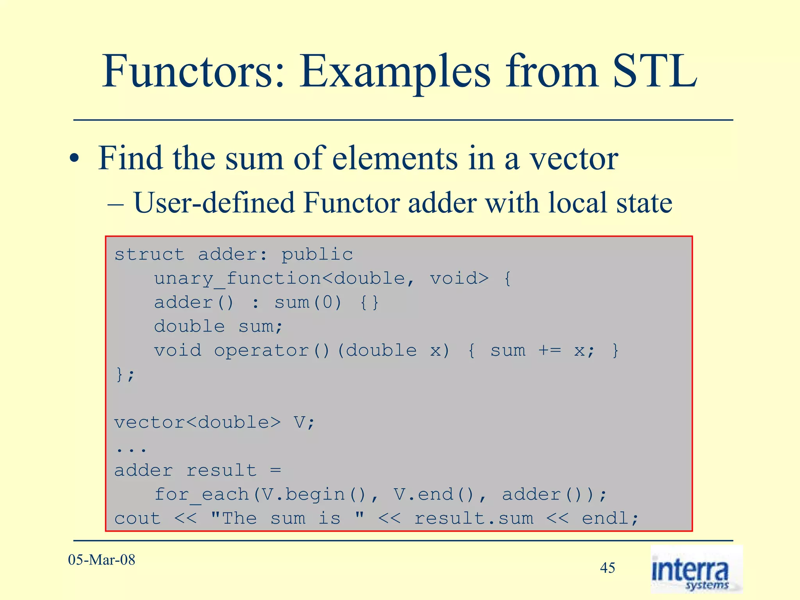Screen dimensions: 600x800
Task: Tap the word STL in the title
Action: [655, 72]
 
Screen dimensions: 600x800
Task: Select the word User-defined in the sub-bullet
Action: [214, 203]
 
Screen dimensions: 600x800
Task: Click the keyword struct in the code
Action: [149, 255]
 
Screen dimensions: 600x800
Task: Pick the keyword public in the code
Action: [317, 255]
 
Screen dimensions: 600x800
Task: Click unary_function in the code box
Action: [237, 279]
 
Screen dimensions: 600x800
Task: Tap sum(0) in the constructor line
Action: [308, 303]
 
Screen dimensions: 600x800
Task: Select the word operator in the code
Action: [261, 351]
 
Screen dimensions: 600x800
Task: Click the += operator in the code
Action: [549, 351]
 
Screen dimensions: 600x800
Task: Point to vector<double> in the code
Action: [197, 423]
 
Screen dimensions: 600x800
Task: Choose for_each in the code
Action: [202, 495]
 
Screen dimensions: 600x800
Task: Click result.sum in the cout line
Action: [473, 519]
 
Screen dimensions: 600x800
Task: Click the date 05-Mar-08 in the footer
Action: [102, 560]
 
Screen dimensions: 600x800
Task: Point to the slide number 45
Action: [607, 568]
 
